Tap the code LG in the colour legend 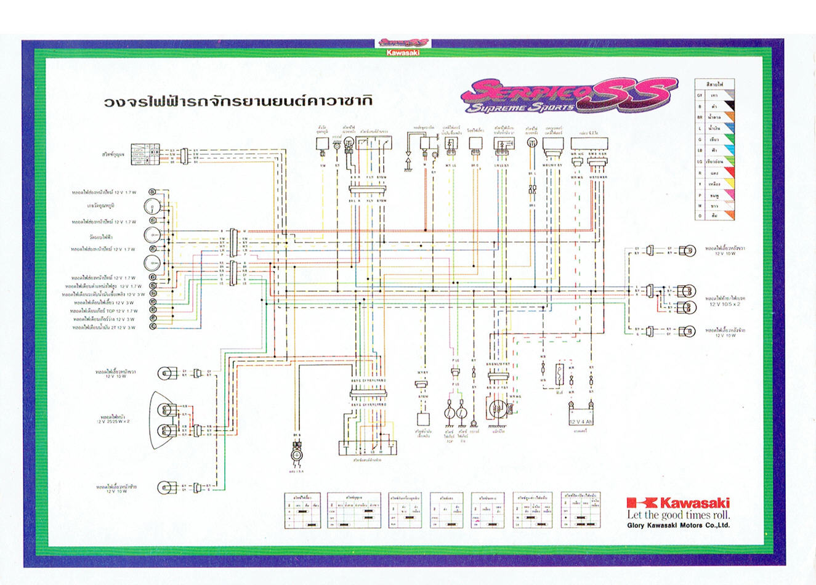click(700, 161)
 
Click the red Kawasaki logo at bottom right click(677, 502)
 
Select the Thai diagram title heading click(238, 100)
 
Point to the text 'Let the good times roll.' click(678, 515)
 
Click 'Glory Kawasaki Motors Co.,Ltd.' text click(678, 525)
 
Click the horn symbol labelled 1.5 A click(297, 454)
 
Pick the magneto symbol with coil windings click(498, 409)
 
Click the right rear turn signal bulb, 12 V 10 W click(687, 250)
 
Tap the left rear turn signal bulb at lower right click(687, 331)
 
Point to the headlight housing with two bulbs click(164, 419)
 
